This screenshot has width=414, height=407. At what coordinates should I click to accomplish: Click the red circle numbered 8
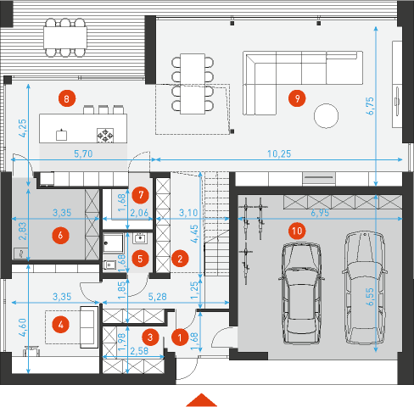click(67, 98)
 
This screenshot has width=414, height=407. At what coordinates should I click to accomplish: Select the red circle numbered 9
click(297, 98)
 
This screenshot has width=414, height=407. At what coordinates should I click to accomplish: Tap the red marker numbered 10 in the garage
click(297, 231)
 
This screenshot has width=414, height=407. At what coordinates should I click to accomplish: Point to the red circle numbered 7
click(141, 195)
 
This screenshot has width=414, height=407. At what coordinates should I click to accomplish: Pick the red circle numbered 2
click(180, 259)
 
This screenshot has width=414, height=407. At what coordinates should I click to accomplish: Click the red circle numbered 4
click(61, 325)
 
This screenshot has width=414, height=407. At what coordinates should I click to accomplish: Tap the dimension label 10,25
click(279, 153)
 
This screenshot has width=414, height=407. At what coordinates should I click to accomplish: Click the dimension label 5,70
click(83, 153)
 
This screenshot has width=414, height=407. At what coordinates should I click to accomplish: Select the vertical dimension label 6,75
click(370, 106)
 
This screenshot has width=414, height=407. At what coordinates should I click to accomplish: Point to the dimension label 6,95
click(320, 213)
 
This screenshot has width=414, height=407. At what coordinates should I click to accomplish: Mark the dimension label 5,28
click(157, 297)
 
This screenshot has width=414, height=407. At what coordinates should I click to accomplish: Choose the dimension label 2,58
click(139, 351)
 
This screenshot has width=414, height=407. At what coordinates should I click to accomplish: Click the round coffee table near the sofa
click(326, 116)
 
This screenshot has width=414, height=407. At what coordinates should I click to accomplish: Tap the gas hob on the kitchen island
click(105, 135)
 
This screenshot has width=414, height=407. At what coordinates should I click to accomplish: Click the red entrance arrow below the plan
click(201, 399)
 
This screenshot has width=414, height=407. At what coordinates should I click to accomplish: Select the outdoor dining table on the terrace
click(65, 37)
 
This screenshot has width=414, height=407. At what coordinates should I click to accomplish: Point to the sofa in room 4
click(89, 327)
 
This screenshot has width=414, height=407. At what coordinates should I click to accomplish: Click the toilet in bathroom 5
click(110, 265)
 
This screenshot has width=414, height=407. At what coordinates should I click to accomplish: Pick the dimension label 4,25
click(22, 128)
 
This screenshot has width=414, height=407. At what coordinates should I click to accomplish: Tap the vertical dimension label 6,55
click(370, 297)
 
